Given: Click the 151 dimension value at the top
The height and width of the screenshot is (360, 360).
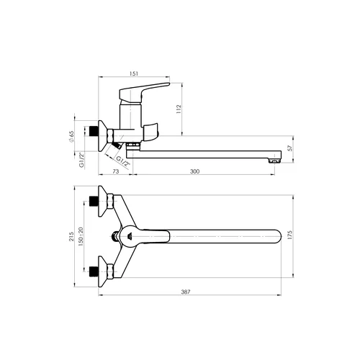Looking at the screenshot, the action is [x=134, y=73].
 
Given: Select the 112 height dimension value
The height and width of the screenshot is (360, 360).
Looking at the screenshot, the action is [x=179, y=109].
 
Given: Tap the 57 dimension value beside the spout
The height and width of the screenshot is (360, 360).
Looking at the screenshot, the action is [x=290, y=148].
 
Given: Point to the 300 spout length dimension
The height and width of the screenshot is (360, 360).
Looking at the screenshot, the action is [x=194, y=171].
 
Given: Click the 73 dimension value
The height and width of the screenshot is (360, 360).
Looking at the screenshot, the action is [x=116, y=171].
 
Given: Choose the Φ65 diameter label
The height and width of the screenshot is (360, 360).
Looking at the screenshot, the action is [x=71, y=138].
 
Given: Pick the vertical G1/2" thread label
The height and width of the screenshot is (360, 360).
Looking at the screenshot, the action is [x=82, y=160].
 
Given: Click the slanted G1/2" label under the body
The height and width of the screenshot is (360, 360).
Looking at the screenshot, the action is [x=123, y=161].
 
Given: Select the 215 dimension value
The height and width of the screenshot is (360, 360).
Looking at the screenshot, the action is [x=71, y=237].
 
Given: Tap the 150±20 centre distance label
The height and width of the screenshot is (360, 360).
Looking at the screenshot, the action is [x=81, y=237].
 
